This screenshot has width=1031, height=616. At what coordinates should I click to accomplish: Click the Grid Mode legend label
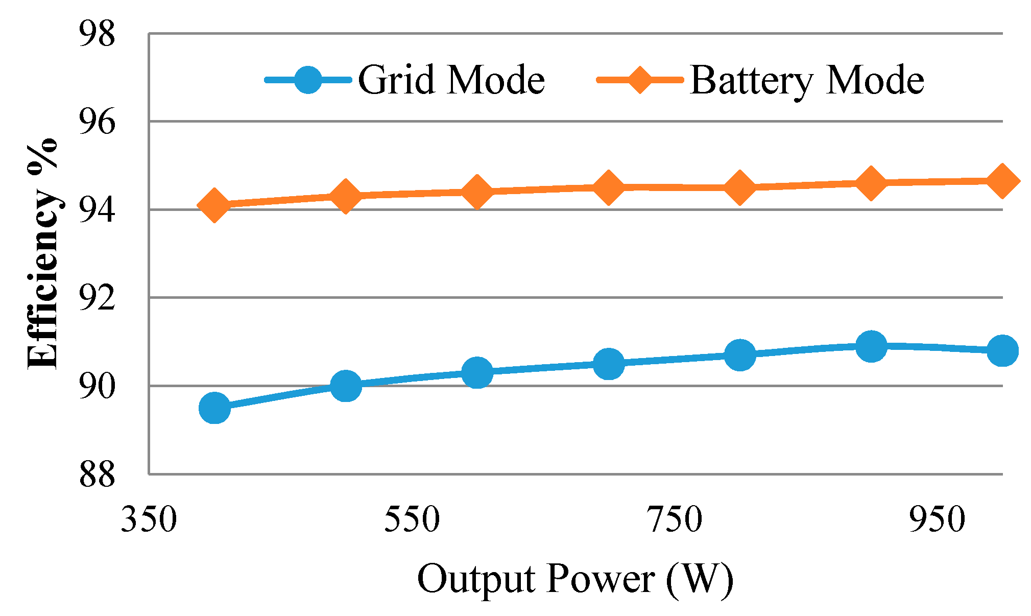(x=451, y=80)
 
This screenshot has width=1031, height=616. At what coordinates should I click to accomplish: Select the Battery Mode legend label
(x=807, y=80)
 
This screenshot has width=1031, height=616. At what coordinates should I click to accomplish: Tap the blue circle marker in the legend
(x=308, y=80)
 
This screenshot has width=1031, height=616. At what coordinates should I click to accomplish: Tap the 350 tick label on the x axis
(x=149, y=520)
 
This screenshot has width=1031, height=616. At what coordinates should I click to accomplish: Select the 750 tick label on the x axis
(x=675, y=520)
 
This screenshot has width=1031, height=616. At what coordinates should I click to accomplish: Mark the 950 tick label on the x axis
(x=938, y=520)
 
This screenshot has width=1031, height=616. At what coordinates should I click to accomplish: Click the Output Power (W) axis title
(x=576, y=580)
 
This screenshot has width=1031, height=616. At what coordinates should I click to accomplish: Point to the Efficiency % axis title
(x=42, y=253)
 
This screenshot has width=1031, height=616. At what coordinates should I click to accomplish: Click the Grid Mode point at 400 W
(x=214, y=408)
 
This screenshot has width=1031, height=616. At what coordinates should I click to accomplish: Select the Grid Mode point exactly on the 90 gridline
(x=346, y=385)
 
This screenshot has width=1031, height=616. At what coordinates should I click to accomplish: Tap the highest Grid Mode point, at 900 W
(x=871, y=345)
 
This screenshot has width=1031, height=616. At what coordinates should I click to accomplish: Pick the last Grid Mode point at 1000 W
(x=1002, y=350)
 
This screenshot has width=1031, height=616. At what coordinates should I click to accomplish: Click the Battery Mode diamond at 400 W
(x=214, y=205)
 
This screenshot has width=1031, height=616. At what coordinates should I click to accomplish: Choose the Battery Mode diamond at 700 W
(x=608, y=187)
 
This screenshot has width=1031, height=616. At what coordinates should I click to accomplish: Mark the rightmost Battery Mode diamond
(x=1002, y=181)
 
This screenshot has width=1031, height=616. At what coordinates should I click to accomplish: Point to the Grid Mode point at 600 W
(x=477, y=372)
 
